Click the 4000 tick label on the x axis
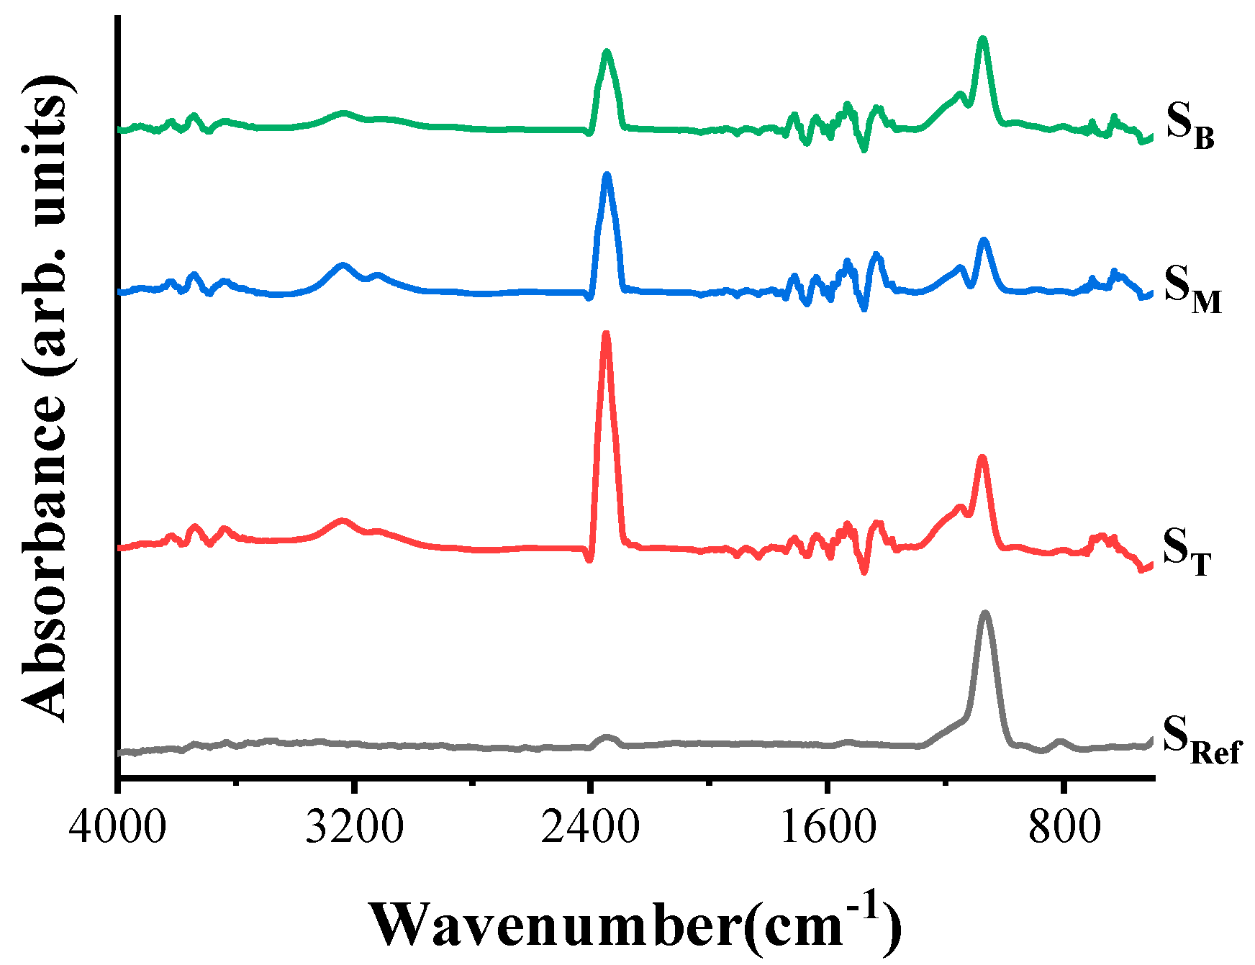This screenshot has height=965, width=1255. pyautogui.click(x=117, y=828)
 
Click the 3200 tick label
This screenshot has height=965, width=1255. pyautogui.click(x=353, y=828)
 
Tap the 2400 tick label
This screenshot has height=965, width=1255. pyautogui.click(x=590, y=828)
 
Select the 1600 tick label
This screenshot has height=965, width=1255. pyautogui.click(x=828, y=828)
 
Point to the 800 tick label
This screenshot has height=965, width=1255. pyautogui.click(x=1064, y=828)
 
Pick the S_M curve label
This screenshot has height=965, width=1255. pyautogui.click(x=1192, y=288)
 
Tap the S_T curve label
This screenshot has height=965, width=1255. pyautogui.click(x=1187, y=551)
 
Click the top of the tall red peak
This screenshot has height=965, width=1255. pyautogui.click(x=606, y=334)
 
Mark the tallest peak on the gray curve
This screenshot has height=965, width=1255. pyautogui.click(x=984, y=613)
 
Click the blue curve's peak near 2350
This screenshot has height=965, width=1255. pyautogui.click(x=607, y=175)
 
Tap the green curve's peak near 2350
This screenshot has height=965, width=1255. pyautogui.click(x=607, y=52)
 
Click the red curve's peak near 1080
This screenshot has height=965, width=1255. pyautogui.click(x=982, y=458)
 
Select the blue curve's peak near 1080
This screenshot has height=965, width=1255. pyautogui.click(x=984, y=240)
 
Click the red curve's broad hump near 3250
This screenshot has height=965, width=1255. pyautogui.click(x=342, y=520)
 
